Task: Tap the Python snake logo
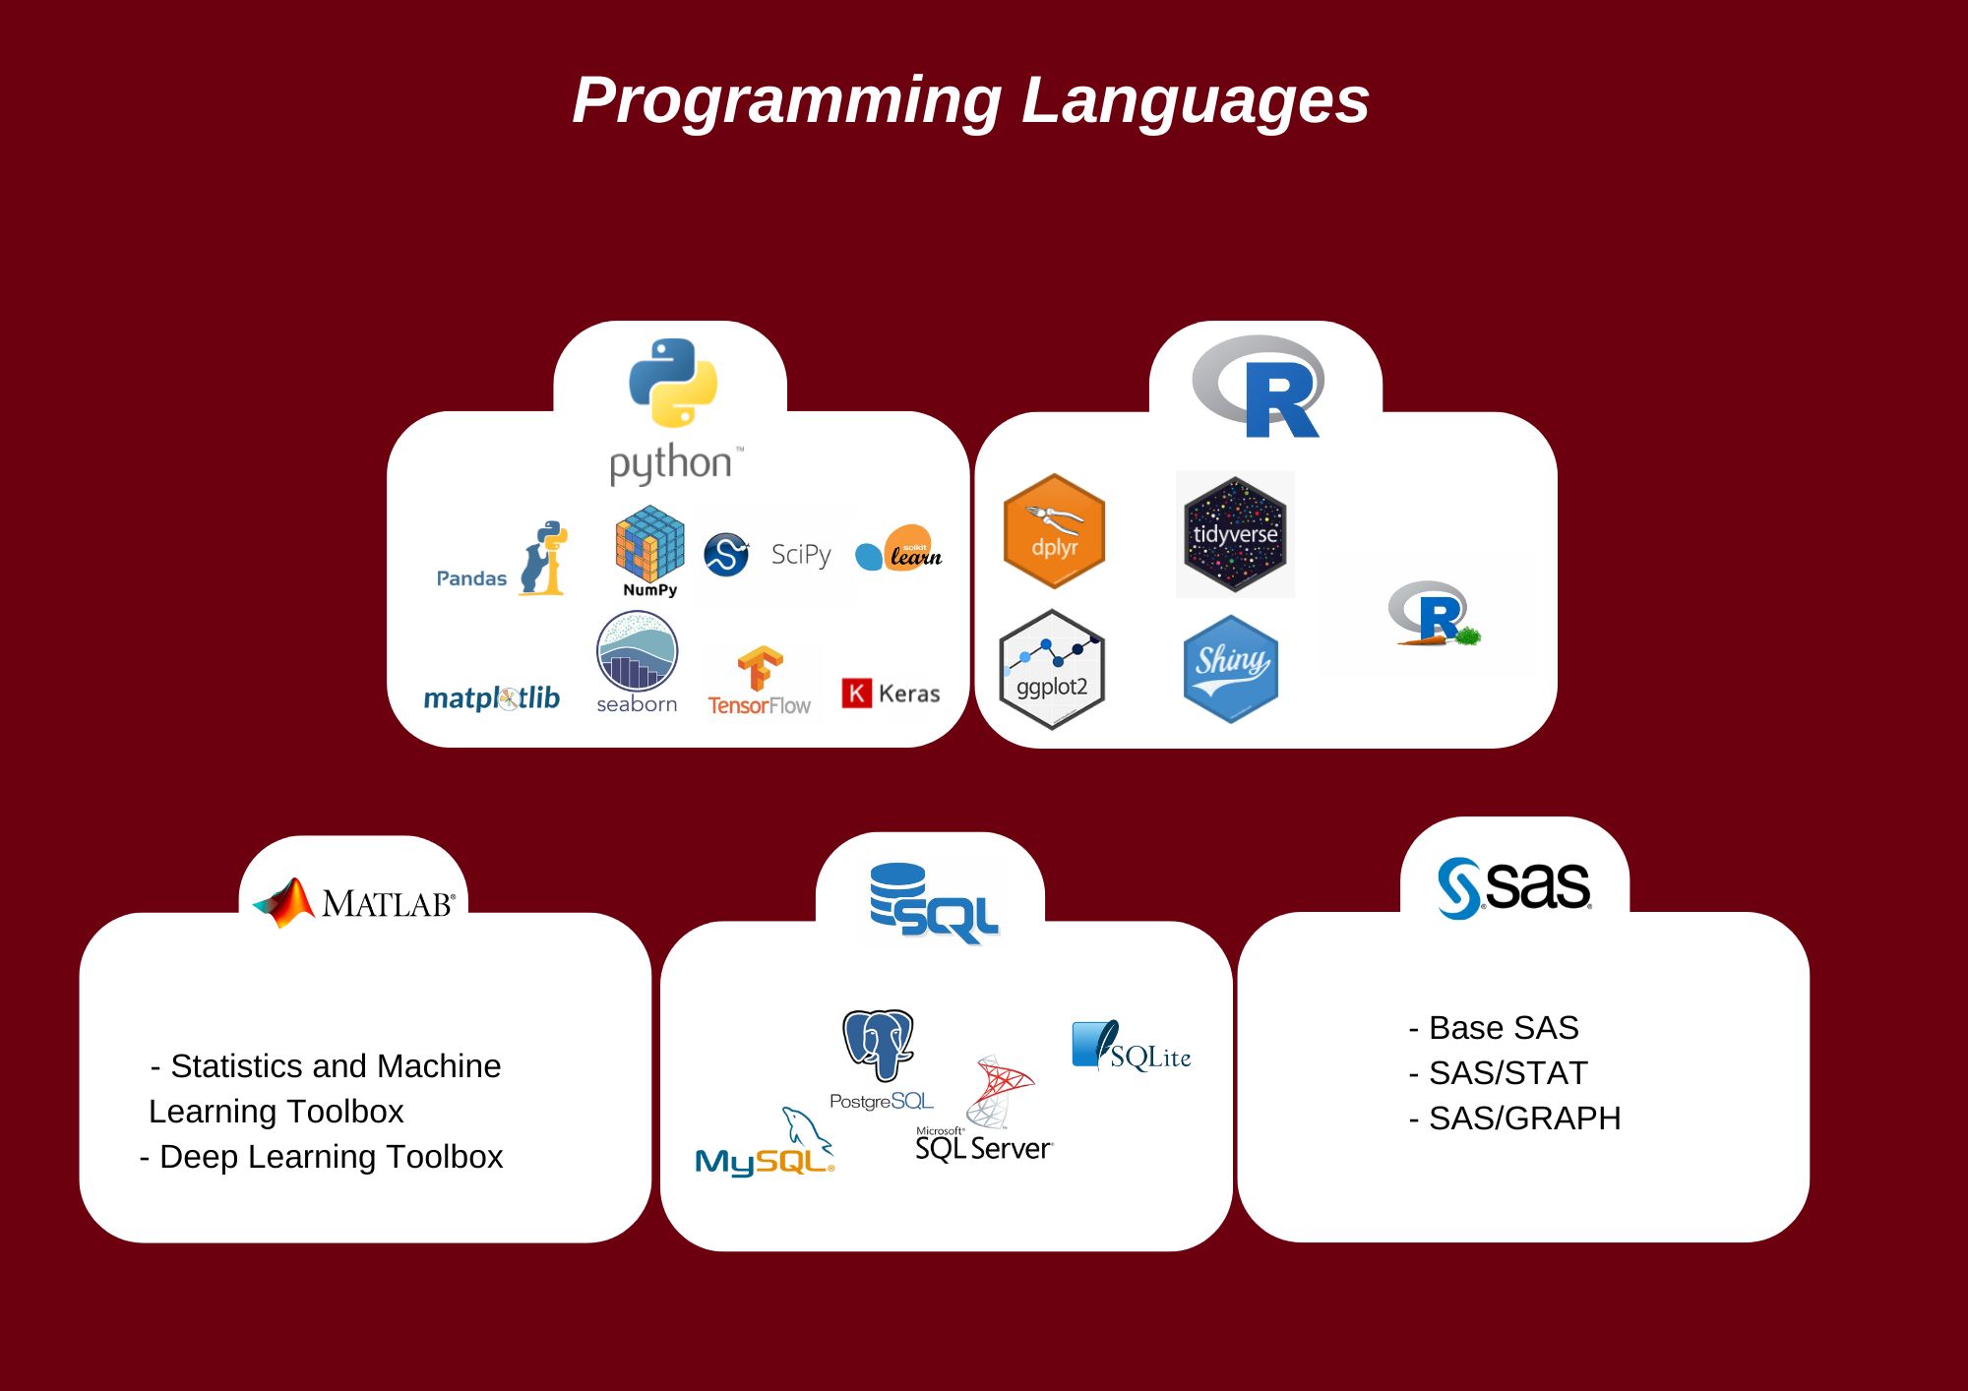(x=673, y=383)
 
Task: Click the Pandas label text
(x=471, y=578)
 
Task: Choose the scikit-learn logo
(x=899, y=550)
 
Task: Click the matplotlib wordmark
(x=491, y=697)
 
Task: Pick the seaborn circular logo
(x=637, y=651)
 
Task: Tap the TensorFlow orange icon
(x=760, y=669)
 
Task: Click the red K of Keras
(x=856, y=694)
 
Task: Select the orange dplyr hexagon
(x=1054, y=531)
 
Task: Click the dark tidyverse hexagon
(x=1235, y=534)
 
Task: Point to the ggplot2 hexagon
(x=1052, y=669)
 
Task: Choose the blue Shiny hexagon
(x=1230, y=669)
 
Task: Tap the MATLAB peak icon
(x=284, y=902)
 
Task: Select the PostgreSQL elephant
(x=879, y=1043)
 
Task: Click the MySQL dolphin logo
(x=805, y=1131)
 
